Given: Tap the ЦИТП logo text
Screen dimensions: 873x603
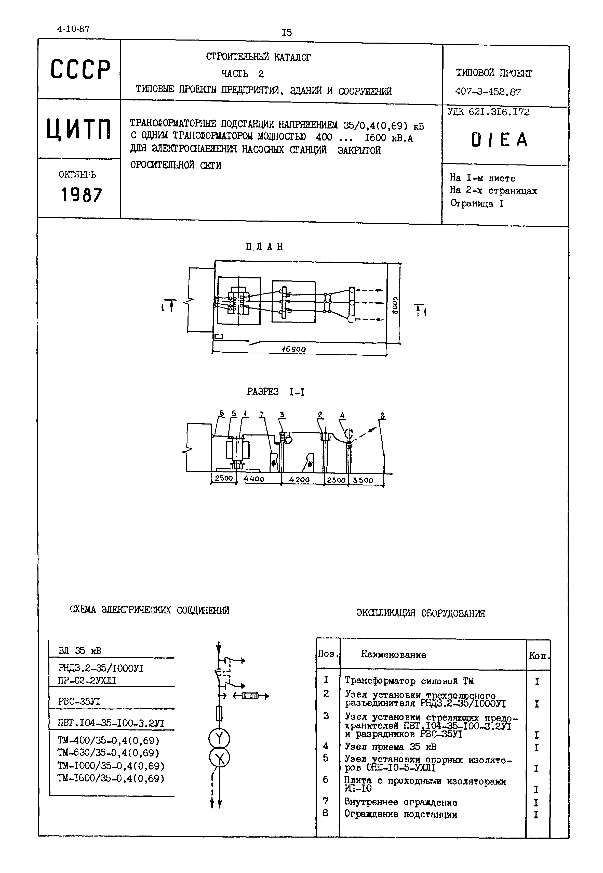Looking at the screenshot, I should coord(79,129).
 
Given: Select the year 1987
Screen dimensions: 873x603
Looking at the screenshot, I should coord(81,195).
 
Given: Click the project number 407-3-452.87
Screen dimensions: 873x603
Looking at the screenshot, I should coord(488,92).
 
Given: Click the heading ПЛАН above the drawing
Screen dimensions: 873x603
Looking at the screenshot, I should coord(264,247).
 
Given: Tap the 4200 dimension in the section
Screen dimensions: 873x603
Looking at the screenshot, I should coord(299,479).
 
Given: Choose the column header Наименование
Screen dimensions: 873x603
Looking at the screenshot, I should coord(393,655).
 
